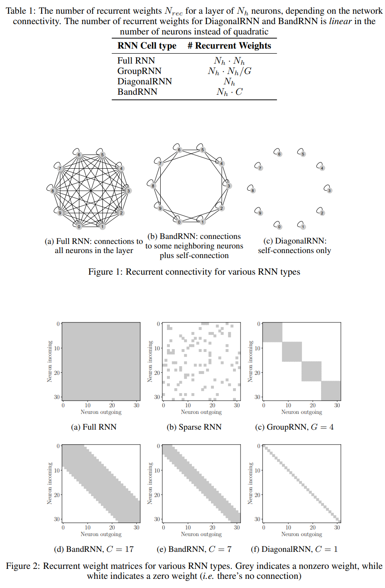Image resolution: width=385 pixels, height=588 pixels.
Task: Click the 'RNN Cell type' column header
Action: (x=147, y=46)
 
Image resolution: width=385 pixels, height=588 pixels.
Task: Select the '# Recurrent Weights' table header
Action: (x=229, y=46)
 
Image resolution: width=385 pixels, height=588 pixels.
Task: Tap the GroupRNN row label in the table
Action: (x=139, y=71)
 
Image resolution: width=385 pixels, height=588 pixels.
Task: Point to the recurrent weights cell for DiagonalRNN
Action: (x=229, y=82)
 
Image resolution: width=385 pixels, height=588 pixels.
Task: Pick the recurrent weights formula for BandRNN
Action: (x=229, y=92)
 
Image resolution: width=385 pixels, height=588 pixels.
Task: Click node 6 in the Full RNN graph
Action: (x=79, y=155)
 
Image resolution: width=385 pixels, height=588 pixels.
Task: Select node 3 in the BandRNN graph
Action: (x=228, y=186)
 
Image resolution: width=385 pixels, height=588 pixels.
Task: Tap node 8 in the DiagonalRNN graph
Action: (x=253, y=190)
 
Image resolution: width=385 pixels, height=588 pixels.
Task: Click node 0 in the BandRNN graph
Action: (x=179, y=222)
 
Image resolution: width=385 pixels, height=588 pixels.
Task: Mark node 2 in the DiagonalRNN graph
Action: (x=322, y=213)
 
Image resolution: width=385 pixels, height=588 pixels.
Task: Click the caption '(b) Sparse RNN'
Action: (x=194, y=427)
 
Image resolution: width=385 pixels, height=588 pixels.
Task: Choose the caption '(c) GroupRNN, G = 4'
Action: (x=294, y=427)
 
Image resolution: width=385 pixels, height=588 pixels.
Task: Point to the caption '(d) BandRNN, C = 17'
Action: (x=94, y=549)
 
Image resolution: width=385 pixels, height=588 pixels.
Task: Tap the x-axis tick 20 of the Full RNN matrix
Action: (x=112, y=405)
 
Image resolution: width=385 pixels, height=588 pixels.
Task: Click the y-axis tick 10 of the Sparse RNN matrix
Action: (x=157, y=348)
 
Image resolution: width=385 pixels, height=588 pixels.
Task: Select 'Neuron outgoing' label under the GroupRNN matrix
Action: (x=302, y=412)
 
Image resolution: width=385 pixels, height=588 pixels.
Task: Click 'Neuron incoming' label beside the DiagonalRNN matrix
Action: (x=250, y=483)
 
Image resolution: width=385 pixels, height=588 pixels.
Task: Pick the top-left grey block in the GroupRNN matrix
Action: (x=272, y=332)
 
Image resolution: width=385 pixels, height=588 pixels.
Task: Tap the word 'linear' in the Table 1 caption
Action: (x=341, y=21)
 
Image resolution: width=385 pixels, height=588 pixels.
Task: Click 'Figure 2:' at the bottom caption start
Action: (x=23, y=566)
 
